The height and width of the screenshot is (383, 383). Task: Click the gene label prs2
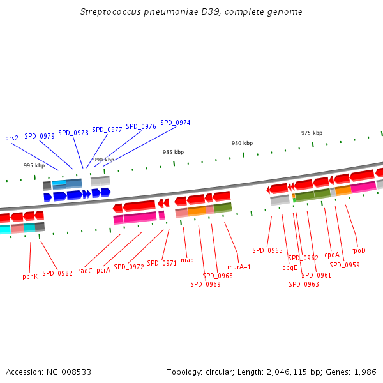pos(11,139)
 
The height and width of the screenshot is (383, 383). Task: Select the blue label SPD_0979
pos(40,136)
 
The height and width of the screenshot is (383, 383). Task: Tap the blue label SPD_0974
pos(176,123)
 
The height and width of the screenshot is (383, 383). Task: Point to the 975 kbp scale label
pos(312,133)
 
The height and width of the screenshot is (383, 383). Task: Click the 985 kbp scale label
pos(174,152)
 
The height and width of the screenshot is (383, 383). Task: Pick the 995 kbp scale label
pos(34,165)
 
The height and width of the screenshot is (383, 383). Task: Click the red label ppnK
pos(30,277)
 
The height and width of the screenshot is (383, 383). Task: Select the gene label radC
pos(85,271)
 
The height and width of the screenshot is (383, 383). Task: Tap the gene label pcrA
pos(103,271)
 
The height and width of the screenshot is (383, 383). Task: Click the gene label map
pos(187,260)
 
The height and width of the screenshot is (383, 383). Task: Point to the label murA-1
pos(239,267)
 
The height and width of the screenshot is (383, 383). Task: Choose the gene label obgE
pos(290,267)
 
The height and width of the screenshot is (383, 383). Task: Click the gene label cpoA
pos(332,255)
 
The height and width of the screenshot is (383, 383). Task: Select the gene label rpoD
pos(358,251)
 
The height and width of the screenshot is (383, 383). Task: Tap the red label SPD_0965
pos(267,250)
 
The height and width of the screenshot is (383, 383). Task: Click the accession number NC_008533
pos(69,372)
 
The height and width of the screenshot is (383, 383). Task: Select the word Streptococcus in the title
pos(110,12)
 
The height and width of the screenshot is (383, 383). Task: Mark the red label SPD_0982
pos(57,273)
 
